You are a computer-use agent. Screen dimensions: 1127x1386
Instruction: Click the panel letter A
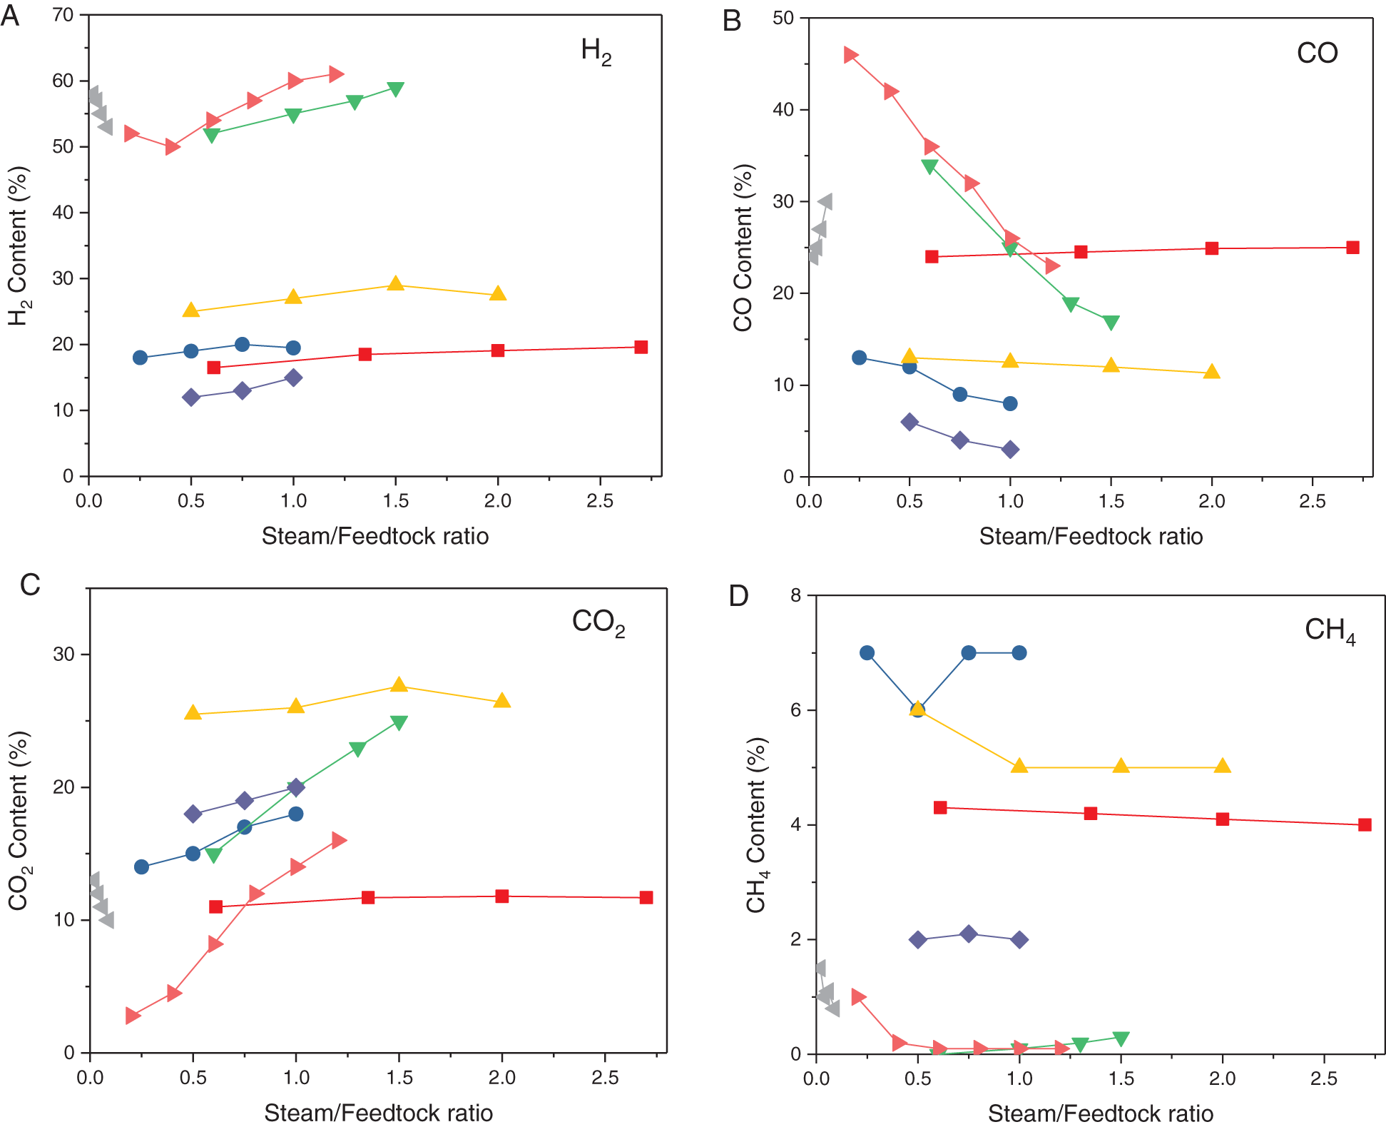click(x=10, y=15)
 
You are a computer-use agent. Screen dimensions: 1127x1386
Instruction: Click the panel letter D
click(x=738, y=595)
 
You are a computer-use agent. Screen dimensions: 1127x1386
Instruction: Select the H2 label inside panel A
click(x=596, y=51)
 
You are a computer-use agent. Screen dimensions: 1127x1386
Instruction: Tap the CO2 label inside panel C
click(x=598, y=622)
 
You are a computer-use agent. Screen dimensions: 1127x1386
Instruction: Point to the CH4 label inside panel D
click(x=1330, y=630)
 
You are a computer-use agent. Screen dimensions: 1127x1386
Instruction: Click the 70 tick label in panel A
click(x=63, y=15)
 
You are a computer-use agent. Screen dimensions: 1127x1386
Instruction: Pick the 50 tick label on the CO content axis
click(x=783, y=18)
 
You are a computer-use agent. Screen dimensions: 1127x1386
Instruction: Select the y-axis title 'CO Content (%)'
click(x=743, y=248)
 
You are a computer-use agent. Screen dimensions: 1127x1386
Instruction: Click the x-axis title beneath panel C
click(x=378, y=1113)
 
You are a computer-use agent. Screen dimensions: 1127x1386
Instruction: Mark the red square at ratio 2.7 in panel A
click(x=641, y=347)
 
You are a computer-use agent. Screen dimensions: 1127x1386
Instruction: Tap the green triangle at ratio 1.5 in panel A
click(x=396, y=89)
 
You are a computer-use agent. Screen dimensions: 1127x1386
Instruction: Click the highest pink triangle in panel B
click(x=850, y=55)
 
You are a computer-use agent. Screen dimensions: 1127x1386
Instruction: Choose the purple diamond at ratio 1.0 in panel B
click(x=1010, y=449)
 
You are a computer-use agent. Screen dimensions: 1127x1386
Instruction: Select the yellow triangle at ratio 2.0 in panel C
click(x=502, y=700)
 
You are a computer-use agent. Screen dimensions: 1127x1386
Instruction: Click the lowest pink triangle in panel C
click(x=133, y=1015)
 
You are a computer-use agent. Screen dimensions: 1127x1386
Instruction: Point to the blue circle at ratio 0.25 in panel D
click(x=867, y=652)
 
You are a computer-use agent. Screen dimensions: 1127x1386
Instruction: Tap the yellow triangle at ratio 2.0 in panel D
click(x=1223, y=766)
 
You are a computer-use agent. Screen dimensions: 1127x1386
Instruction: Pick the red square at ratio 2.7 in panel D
click(x=1365, y=824)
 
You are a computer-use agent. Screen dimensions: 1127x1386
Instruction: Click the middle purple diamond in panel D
click(x=968, y=934)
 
